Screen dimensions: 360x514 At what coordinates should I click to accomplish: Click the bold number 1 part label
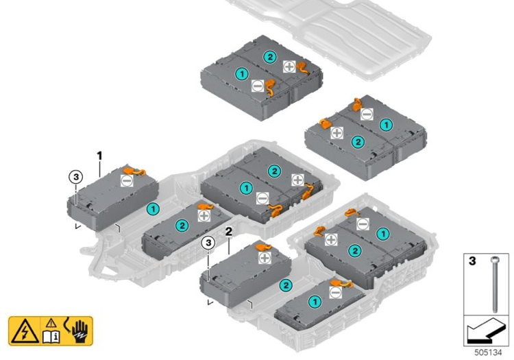99,156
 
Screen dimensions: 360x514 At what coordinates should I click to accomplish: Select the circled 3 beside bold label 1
76,176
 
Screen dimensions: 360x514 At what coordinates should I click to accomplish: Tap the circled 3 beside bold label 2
207,242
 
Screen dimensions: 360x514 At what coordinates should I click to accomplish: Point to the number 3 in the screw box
472,261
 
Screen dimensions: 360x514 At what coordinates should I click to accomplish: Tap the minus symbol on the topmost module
257,86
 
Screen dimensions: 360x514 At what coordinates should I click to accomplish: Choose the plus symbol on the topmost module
289,67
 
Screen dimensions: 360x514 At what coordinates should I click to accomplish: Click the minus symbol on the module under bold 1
127,180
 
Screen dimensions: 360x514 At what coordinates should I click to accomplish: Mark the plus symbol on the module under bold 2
265,259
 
